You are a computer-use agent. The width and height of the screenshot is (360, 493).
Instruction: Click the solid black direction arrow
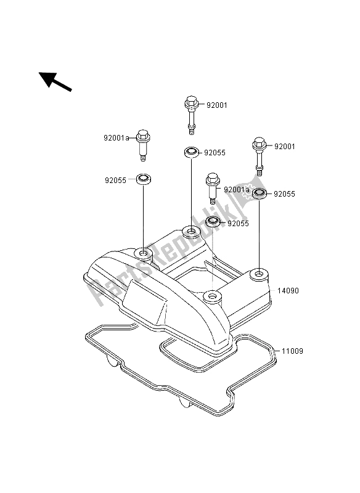coord(55,81)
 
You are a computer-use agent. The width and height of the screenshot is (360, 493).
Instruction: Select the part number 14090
coord(288,290)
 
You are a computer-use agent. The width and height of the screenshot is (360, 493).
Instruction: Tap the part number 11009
coord(292,351)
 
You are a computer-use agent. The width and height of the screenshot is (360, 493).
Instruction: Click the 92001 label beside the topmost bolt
coord(216,105)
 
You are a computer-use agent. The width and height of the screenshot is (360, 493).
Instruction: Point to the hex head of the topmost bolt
coord(190,101)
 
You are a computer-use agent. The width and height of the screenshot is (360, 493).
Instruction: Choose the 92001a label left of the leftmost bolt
coord(117,137)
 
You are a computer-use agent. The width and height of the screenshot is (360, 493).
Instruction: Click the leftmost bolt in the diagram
coord(143,145)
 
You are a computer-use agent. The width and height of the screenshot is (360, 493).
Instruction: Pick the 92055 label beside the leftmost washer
coord(115,180)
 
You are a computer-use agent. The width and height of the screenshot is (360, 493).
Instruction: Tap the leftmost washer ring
coord(144,179)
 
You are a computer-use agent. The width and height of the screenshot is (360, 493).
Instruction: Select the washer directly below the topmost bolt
coord(192,153)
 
